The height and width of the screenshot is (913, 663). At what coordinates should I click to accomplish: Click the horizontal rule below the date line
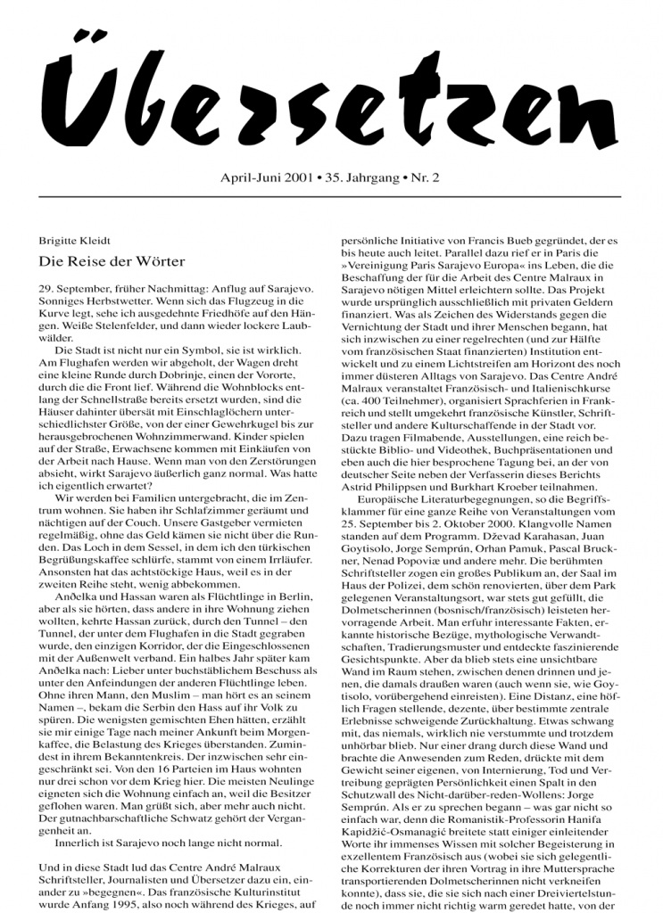[x=330, y=197]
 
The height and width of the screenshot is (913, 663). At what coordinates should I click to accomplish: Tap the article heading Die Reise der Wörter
[x=112, y=261]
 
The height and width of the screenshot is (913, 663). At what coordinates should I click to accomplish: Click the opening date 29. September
[x=76, y=292]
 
